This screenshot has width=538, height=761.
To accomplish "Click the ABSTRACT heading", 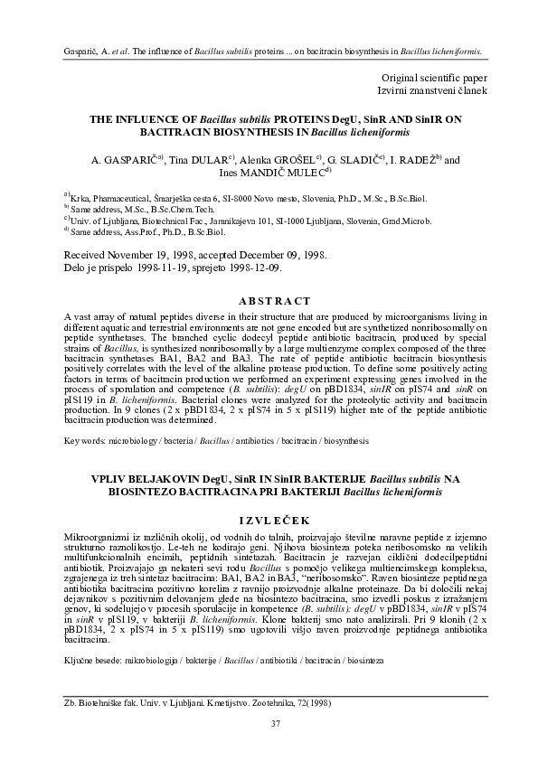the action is click(x=269, y=301).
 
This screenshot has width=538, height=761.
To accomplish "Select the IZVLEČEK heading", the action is click(x=269, y=520).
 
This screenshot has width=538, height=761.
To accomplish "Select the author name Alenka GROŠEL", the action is click(x=278, y=159).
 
